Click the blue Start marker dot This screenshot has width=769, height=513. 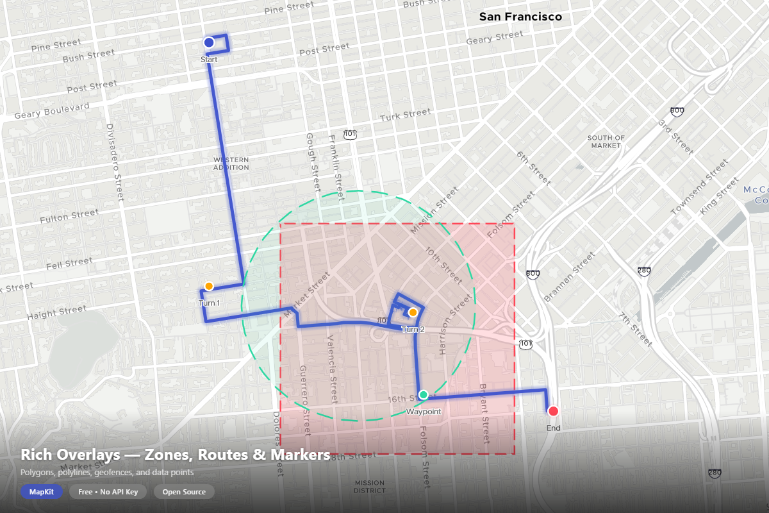click(208, 42)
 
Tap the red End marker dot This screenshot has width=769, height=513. click(553, 411)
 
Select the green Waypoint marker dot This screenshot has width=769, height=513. click(423, 394)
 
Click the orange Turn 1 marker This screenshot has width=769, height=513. click(209, 286)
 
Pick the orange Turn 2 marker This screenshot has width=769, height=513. click(413, 312)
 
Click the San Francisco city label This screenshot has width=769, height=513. click(520, 17)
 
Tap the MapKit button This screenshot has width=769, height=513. click(41, 492)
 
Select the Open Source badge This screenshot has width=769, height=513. click(184, 492)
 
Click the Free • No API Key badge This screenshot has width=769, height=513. click(108, 492)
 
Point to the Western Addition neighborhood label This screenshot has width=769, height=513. click(231, 163)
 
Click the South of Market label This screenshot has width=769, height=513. click(606, 142)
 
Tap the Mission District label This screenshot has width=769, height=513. click(369, 487)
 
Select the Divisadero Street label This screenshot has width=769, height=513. click(114, 164)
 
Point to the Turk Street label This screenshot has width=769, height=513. click(405, 115)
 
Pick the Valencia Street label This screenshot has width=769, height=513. click(332, 369)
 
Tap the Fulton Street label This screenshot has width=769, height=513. click(69, 217)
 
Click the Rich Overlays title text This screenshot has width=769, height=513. click(175, 455)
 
